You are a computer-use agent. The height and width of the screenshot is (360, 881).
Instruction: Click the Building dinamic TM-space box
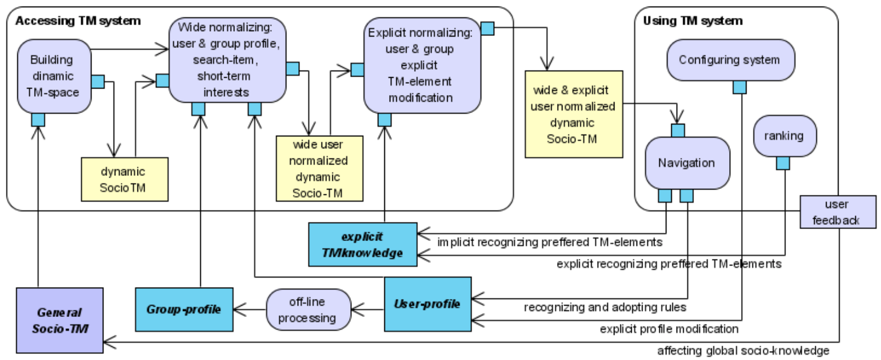[54, 76]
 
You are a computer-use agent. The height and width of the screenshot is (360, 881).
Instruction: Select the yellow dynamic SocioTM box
[124, 179]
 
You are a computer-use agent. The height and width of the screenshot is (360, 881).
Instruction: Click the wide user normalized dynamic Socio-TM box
[319, 169]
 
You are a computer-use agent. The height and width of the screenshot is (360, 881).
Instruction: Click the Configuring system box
[729, 60]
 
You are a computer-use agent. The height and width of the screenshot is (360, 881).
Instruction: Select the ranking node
[784, 136]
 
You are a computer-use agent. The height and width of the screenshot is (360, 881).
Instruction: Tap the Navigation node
[687, 163]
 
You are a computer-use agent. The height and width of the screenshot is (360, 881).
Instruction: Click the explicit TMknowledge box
[362, 244]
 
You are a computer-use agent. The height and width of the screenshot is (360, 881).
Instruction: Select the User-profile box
[427, 304]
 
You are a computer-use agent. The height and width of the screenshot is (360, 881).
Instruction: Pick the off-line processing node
[307, 310]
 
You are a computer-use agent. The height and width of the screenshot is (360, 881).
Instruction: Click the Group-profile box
[183, 309]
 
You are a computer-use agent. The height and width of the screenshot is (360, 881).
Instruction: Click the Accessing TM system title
[78, 21]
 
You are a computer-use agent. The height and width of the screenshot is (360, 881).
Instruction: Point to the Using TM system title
[693, 21]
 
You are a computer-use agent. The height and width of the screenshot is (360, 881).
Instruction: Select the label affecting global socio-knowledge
[743, 350]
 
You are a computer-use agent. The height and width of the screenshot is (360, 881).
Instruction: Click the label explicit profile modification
[669, 329]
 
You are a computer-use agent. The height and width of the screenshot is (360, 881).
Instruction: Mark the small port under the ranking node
[782, 163]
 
